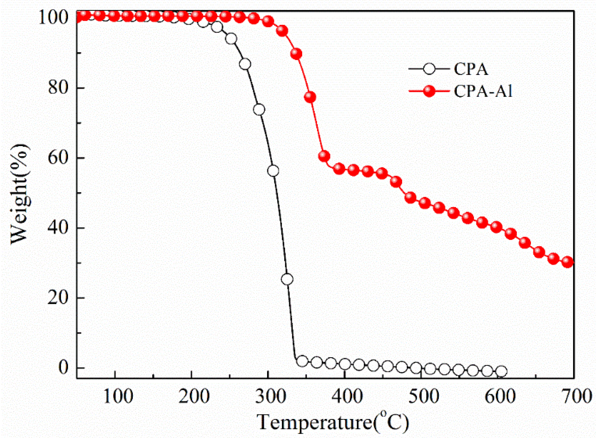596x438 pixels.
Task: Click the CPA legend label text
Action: point(471,69)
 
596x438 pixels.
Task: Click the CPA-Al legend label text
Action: point(483,91)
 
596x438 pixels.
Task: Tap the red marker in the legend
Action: point(429,91)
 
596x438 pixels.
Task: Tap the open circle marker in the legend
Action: point(429,69)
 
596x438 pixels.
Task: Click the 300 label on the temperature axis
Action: point(271,396)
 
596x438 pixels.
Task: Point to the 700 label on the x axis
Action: point(576,396)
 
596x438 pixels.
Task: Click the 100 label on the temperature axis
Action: point(118,396)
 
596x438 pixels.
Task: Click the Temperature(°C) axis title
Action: point(333,422)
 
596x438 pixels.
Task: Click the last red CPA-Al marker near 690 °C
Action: point(568,262)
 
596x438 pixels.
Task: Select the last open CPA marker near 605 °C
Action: point(501,371)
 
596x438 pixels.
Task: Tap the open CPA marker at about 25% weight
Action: point(287,279)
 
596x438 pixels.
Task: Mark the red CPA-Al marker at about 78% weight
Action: point(310,97)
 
